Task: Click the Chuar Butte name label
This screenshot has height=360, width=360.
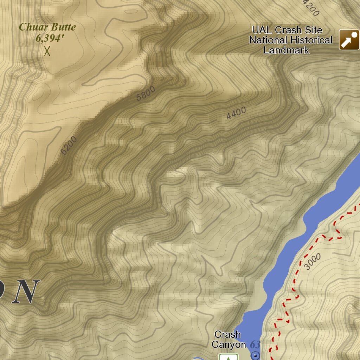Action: tap(47, 27)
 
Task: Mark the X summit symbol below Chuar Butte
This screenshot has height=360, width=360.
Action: tap(47, 51)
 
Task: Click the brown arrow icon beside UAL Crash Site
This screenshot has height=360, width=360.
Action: tap(349, 40)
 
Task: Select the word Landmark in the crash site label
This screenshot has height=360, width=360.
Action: tap(286, 50)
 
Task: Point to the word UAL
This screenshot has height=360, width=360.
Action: tap(263, 30)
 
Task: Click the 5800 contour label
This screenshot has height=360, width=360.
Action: tap(146, 94)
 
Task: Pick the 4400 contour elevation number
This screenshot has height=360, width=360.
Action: tap(236, 113)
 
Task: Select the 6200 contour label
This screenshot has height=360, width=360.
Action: tap(69, 145)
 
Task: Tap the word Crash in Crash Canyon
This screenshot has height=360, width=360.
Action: tap(227, 334)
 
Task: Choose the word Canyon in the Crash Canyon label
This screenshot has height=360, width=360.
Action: tap(229, 345)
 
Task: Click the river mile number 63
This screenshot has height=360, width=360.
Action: tap(255, 345)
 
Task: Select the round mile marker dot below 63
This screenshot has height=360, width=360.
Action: tap(256, 356)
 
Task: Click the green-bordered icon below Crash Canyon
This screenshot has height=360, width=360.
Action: tap(229, 357)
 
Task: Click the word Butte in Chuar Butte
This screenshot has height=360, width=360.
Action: tap(63, 27)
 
